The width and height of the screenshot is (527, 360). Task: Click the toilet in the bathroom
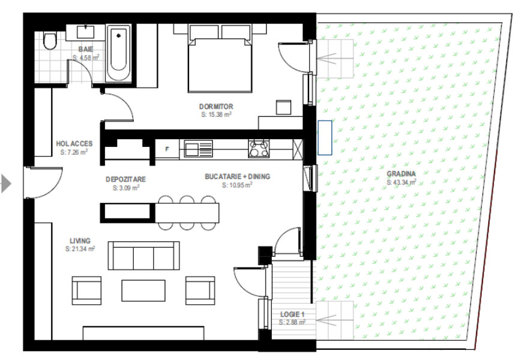pos(50,41)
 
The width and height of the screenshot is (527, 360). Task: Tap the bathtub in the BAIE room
pos(118,53)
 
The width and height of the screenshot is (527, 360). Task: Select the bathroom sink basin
pos(86,32)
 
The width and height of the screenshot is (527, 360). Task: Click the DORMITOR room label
pos(216,106)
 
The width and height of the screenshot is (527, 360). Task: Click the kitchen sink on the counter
pos(198,149)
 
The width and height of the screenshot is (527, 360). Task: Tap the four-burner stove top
pos(259,148)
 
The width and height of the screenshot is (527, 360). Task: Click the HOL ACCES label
pos(74,144)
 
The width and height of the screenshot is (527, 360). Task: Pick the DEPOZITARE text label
pos(125,179)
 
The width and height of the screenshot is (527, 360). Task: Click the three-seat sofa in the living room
pos(143,256)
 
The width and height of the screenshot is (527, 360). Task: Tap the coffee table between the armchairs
pos(143,291)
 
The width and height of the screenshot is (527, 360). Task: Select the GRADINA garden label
pos(401,174)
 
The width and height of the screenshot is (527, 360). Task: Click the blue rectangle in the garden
pos(325,137)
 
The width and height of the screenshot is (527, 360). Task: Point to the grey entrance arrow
pos(6,184)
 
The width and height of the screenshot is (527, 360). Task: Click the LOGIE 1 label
pos(292,314)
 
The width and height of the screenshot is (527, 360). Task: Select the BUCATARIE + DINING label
pos(237,176)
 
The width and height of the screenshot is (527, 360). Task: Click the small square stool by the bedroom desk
pos(283,107)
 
